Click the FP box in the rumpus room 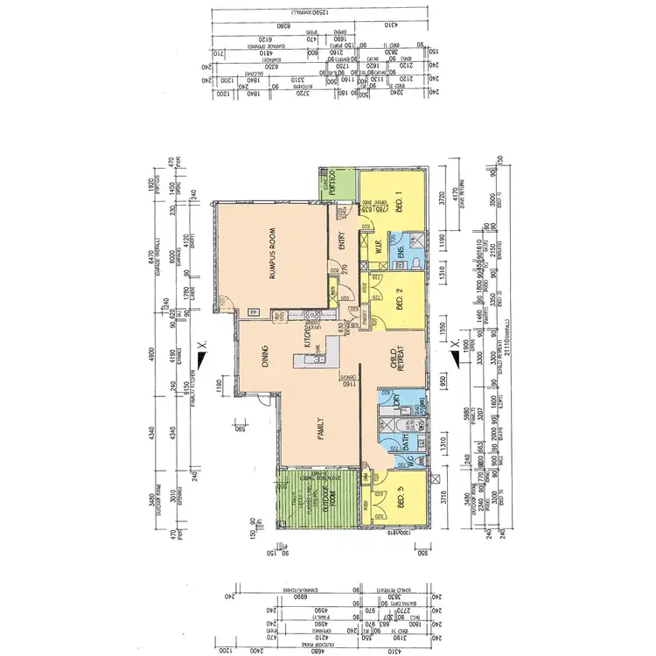[253, 312]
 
